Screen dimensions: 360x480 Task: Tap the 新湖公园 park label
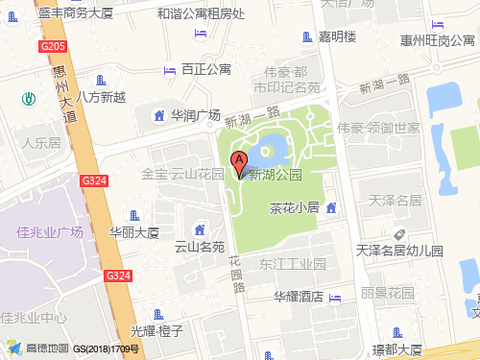[x=276, y=175]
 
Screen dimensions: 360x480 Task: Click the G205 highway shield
[x=54, y=46]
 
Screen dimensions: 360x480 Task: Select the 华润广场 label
[x=196, y=115]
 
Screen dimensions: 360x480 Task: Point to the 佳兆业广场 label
[x=50, y=232]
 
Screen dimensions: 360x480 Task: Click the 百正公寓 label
[x=206, y=69]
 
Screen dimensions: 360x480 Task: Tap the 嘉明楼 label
[x=338, y=37]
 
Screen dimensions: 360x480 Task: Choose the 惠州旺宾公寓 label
[x=438, y=40]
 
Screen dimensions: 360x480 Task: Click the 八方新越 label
[x=101, y=96]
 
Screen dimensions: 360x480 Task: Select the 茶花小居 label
[x=294, y=207]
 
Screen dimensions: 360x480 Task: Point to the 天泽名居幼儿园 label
[x=399, y=251]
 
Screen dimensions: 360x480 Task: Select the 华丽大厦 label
[x=133, y=232]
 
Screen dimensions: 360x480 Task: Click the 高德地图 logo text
[x=45, y=348]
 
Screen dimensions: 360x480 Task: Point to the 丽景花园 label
[x=387, y=292]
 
